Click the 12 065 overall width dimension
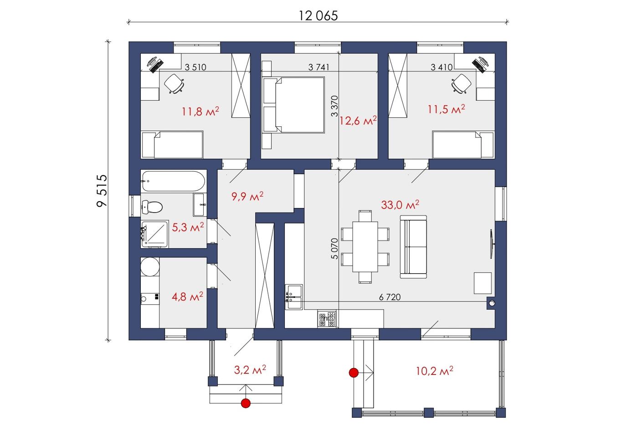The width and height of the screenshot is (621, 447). coord(318,16)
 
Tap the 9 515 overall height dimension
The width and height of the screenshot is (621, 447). coord(102,191)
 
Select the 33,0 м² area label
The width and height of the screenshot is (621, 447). coord(400,205)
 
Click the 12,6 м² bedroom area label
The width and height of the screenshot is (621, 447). coord(358,121)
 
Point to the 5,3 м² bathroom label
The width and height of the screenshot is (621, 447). coord(188,227)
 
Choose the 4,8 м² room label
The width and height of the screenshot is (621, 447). coord(187,296)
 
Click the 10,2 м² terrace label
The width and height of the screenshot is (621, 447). coord(434,371)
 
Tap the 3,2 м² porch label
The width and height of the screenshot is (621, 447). coord(250,369)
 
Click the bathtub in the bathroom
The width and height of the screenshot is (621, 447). coord(173,181)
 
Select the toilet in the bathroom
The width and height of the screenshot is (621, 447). coord(152,207)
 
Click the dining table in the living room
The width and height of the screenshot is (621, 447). coord(365,247)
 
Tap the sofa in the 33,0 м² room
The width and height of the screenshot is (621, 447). coord(413,247)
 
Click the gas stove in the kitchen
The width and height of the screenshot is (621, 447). coord(327,318)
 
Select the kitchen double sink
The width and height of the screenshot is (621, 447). coord(294,296)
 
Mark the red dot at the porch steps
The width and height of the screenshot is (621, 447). coord(246,403)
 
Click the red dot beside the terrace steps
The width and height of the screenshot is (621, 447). coord(354,373)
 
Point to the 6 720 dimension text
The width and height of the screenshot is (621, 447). coord(390,297)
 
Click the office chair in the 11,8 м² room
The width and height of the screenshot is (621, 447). coord(174,83)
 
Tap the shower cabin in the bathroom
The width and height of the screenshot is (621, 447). coord(155,234)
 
